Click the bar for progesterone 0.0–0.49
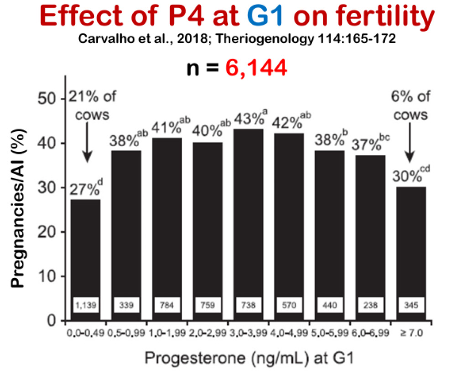coord(85,256)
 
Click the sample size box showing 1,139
coord(85,304)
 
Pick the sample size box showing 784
coord(167,304)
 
